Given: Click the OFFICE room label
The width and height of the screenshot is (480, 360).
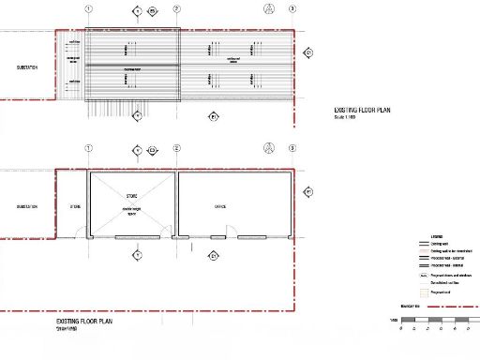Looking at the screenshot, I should pos(220,206).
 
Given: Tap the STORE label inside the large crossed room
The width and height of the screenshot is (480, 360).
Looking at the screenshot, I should pos(131,196).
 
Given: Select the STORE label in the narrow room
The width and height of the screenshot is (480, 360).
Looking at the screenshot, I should pos(75,206).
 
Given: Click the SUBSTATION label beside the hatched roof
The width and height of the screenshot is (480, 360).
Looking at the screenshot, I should pos(27,67).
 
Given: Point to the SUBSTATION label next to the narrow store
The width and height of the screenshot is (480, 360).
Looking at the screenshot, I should pos(26,206).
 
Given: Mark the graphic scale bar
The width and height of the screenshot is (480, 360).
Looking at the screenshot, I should pos(440,322).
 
